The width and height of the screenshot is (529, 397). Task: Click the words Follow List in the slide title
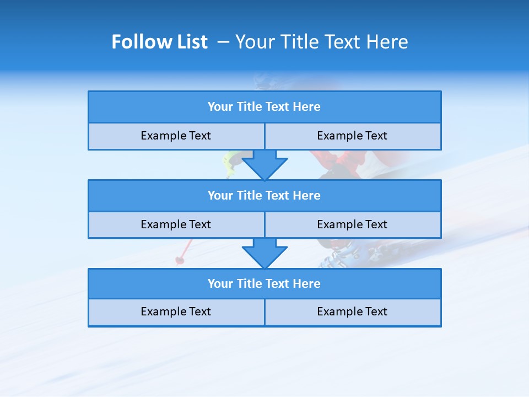click(159, 42)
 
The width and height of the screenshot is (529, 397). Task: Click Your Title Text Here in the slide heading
click(321, 42)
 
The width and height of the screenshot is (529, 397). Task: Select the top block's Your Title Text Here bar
click(264, 107)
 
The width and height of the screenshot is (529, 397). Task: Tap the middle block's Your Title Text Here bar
click(264, 195)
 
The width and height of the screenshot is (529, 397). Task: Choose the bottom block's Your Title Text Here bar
click(264, 283)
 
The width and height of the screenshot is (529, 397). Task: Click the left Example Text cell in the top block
click(176, 136)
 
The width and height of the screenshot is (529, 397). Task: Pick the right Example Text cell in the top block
click(352, 136)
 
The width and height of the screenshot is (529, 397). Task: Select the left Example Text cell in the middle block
click(176, 224)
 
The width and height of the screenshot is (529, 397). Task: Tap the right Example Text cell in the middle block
click(352, 224)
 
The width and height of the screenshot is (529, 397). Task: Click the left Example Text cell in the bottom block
click(176, 312)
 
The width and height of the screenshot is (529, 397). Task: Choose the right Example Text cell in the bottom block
click(352, 312)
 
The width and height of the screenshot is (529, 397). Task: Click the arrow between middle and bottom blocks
click(264, 253)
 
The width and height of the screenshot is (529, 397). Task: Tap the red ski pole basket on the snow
click(180, 260)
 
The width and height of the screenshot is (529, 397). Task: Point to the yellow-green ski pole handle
click(229, 161)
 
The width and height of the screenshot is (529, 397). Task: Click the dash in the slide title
click(223, 42)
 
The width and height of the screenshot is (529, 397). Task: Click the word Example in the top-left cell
click(160, 136)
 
